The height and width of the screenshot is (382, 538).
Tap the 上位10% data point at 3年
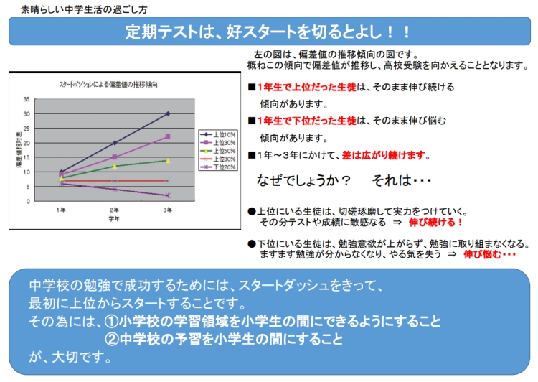pyautogui.click(x=167, y=113)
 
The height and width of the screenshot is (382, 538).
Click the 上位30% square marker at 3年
pyautogui.click(x=167, y=136)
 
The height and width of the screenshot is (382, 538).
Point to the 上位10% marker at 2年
pyautogui.click(x=115, y=143)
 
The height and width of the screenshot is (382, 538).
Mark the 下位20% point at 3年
pyautogui.click(x=167, y=195)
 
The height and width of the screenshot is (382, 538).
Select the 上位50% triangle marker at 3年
pyautogui.click(x=167, y=160)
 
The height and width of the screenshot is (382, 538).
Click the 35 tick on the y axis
pyautogui.click(x=27, y=99)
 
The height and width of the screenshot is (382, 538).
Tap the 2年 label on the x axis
pyautogui.click(x=115, y=210)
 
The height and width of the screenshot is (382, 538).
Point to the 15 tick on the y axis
pyautogui.click(x=27, y=157)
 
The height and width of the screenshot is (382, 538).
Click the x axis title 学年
pyautogui.click(x=115, y=218)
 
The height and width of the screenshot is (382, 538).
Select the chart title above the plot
pyautogui.click(x=108, y=84)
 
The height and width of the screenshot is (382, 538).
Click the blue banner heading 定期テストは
pyautogui.click(x=268, y=32)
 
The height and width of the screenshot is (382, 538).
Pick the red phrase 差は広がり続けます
pyautogui.click(x=386, y=155)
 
